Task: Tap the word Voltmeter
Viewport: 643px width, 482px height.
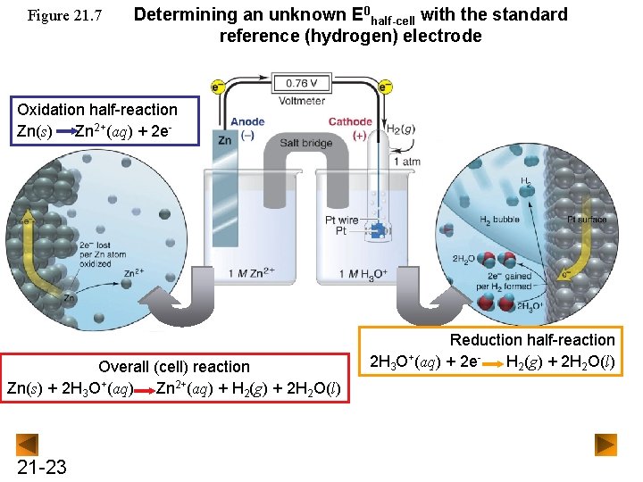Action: (x=301, y=101)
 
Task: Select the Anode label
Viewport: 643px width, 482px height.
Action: (x=246, y=122)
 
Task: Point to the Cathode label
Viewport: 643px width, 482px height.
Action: (x=350, y=122)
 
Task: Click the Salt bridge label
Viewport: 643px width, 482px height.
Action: (x=306, y=143)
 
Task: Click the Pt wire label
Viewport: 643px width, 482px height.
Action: (x=342, y=220)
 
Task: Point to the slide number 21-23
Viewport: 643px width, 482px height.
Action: (x=41, y=467)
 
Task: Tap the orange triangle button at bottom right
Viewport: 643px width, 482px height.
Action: (x=606, y=444)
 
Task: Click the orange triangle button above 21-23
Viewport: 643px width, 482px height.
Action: (x=29, y=444)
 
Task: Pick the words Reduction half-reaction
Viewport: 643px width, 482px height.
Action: (x=532, y=340)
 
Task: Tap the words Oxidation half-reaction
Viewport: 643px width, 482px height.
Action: (x=97, y=110)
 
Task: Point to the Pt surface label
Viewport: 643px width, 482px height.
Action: (x=587, y=219)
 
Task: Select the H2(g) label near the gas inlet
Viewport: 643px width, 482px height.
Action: (x=399, y=129)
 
